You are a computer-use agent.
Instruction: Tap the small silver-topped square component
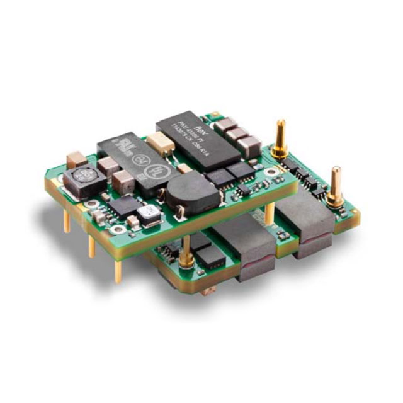150,215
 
